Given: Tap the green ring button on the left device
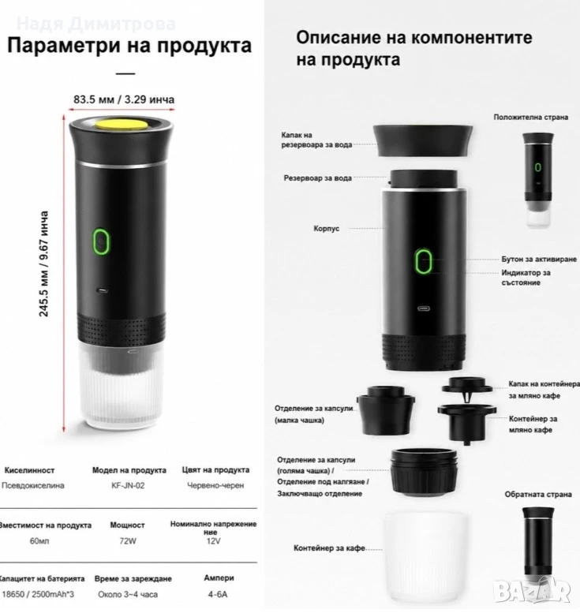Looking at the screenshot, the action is click(x=101, y=241).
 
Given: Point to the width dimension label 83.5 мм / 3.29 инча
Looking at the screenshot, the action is click(x=124, y=99).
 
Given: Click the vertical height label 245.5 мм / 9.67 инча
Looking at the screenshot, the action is click(x=44, y=264).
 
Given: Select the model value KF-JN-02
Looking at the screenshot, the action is click(x=128, y=485).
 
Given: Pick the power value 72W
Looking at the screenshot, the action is click(x=128, y=541).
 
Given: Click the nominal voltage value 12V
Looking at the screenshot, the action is click(x=214, y=541).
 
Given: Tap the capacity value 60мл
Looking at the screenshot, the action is click(x=39, y=541).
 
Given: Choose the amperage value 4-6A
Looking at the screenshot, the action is click(x=218, y=594).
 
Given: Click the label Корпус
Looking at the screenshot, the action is click(x=327, y=228).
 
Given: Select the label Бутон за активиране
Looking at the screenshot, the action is click(x=539, y=260).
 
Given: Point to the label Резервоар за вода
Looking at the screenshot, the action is click(x=317, y=178).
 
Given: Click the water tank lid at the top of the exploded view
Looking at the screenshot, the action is click(x=423, y=140).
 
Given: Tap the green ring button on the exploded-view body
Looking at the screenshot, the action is click(x=424, y=261).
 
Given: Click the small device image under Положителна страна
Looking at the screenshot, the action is click(x=538, y=180).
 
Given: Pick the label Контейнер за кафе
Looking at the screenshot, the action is click(x=329, y=548).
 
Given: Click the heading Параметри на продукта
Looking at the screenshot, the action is click(x=129, y=45).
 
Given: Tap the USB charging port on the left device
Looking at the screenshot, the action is click(x=103, y=290).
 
